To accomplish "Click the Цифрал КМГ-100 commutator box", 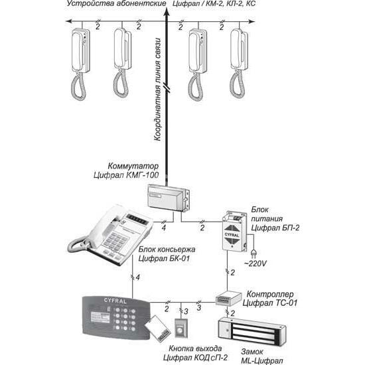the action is coord(169,198).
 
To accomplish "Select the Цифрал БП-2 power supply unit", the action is coord(234,232).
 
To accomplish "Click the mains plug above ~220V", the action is coord(254,254).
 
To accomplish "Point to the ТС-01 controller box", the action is coord(228,298).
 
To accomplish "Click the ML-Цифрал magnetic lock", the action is coord(252,329).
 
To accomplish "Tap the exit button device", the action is coord(181,328).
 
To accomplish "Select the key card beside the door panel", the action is coord(158,328).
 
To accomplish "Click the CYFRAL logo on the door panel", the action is coord(115,301).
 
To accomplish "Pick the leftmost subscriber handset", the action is coord(80,64).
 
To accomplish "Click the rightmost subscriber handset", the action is coord(239,63).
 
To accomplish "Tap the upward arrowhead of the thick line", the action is coord(167,12).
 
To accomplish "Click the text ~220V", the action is coord(256,263).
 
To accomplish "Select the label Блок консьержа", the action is coord(167,250).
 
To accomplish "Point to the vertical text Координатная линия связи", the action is coord(157,90).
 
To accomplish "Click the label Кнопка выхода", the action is coord(195,348).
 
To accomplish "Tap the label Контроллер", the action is coord(270,294).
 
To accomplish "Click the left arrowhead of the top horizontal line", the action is coord(68,21).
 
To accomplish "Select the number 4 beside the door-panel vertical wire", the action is coord(138,277).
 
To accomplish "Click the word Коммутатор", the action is coord(133,166).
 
